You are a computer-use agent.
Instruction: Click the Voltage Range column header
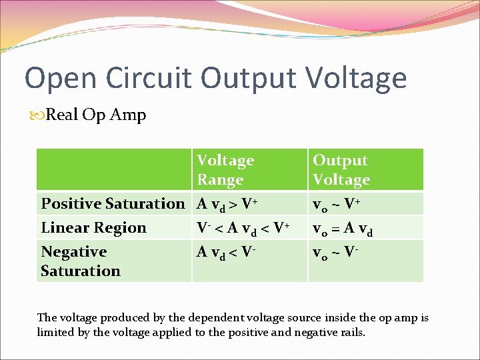click(225, 170)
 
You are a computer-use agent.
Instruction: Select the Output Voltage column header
click(341, 170)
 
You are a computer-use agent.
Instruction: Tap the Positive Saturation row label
click(113, 203)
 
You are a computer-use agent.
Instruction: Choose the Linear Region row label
click(93, 227)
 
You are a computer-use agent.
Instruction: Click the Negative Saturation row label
click(80, 261)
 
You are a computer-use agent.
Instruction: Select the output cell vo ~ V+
click(337, 203)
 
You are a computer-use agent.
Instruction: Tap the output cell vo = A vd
click(343, 228)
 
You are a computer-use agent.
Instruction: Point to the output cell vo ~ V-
click(337, 251)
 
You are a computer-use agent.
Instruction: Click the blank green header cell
click(114, 169)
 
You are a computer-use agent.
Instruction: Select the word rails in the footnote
click(350, 332)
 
